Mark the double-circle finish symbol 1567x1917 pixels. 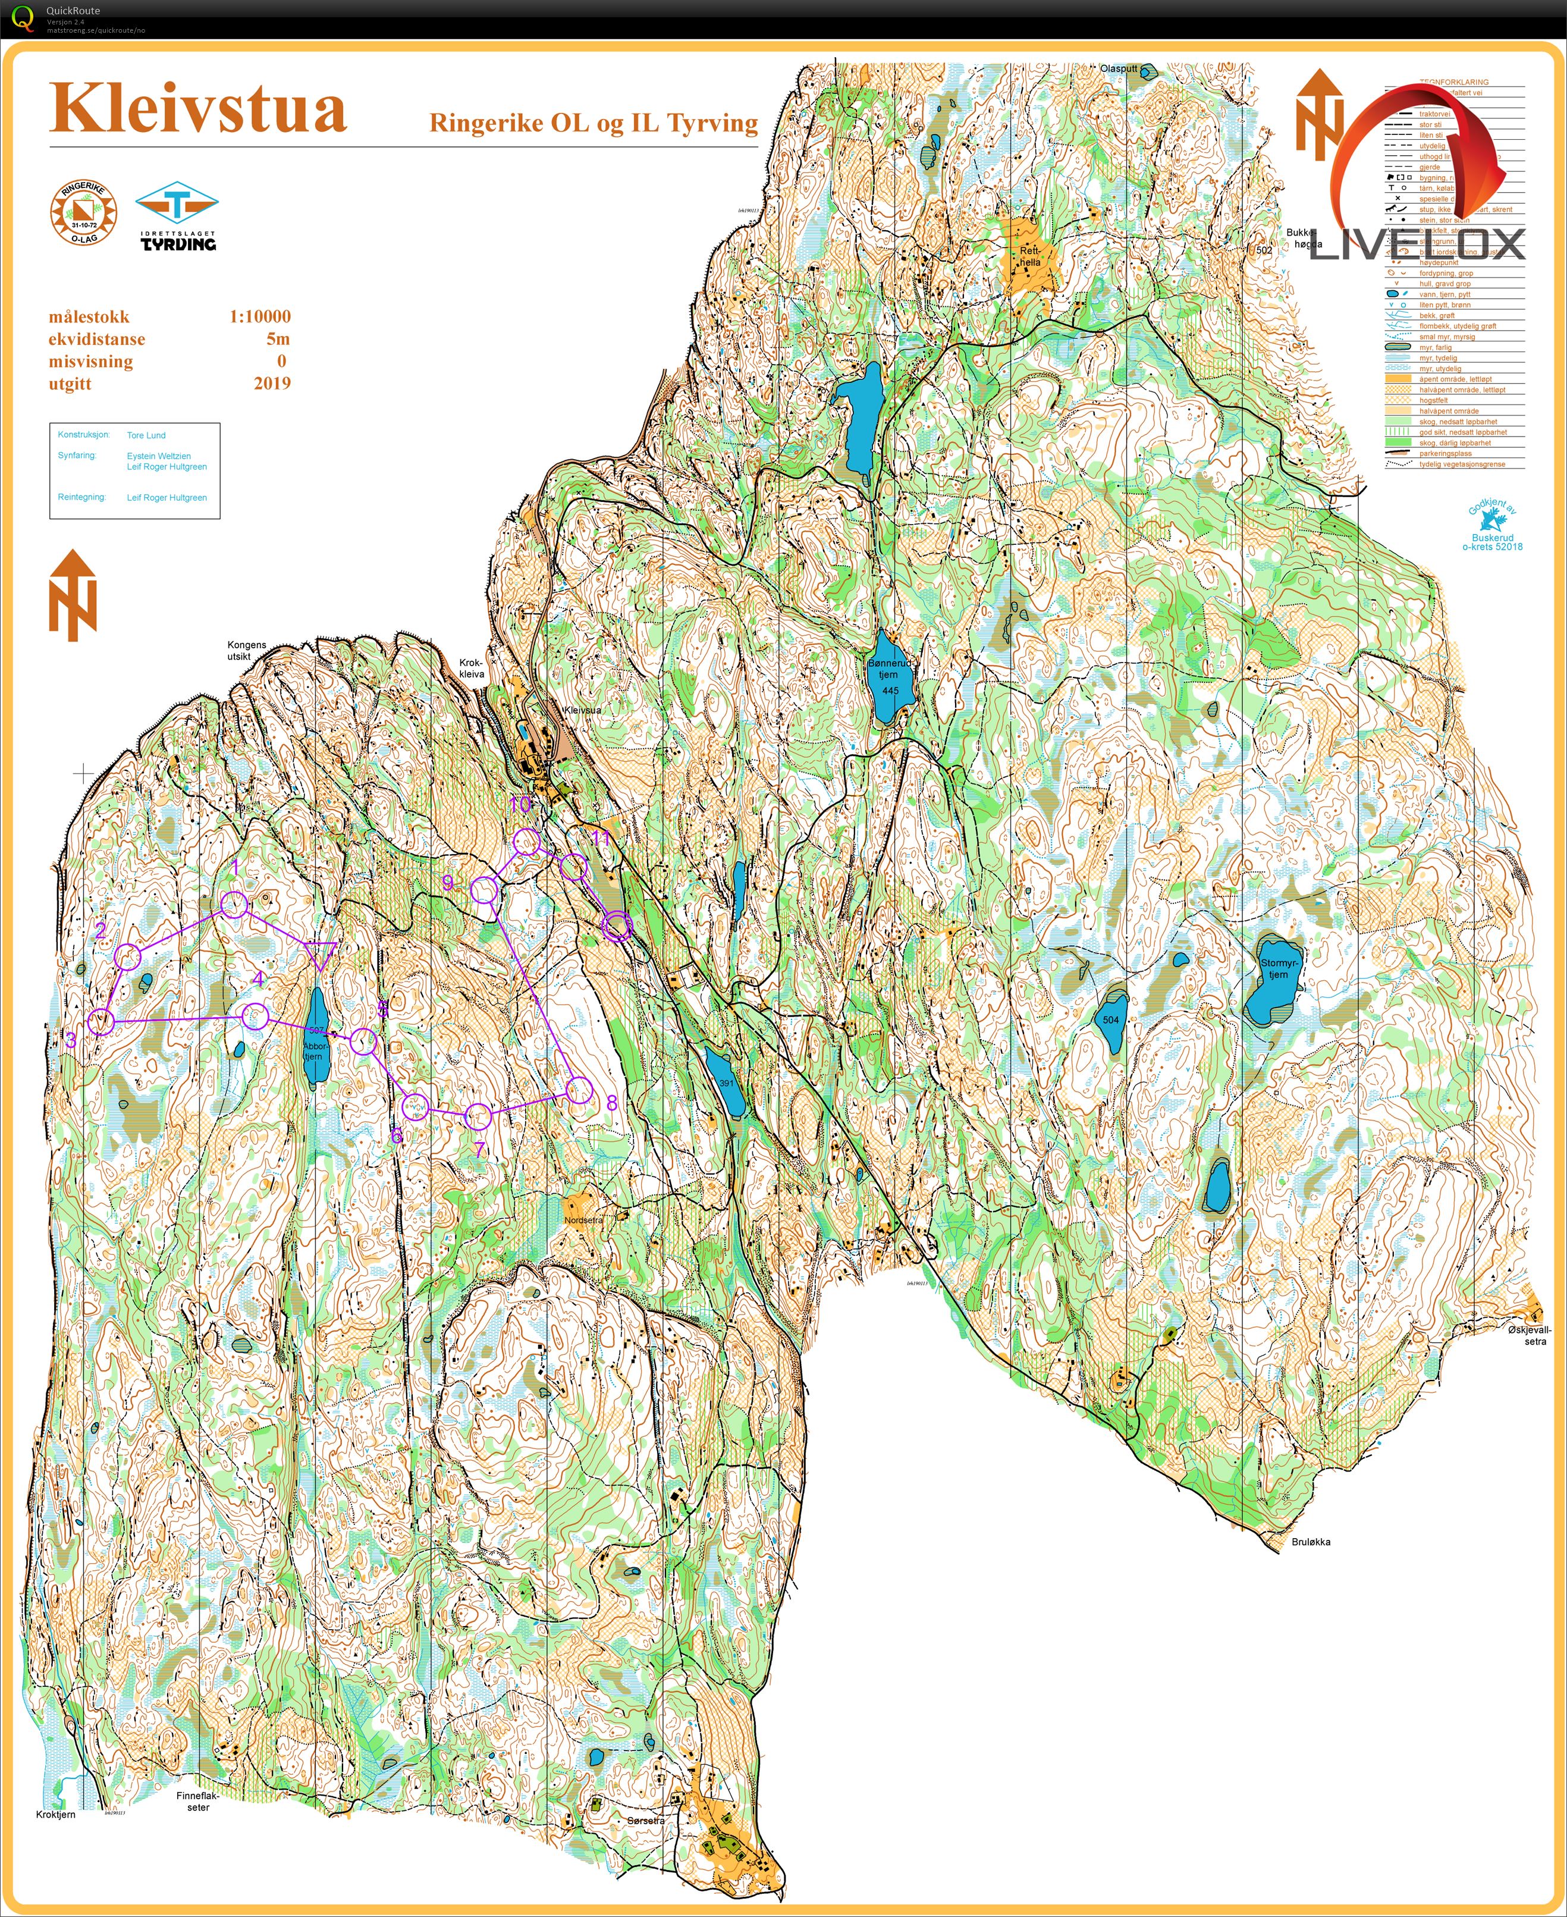tap(617, 927)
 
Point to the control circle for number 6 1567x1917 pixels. tap(414, 1106)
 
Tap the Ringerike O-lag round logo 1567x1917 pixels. tap(83, 213)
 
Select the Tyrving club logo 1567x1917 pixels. tap(177, 216)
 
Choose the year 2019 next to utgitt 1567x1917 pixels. tap(272, 383)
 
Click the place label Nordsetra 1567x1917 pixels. tap(583, 1220)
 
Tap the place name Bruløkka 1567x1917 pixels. tap(1311, 1541)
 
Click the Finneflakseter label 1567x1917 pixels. tap(197, 1802)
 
